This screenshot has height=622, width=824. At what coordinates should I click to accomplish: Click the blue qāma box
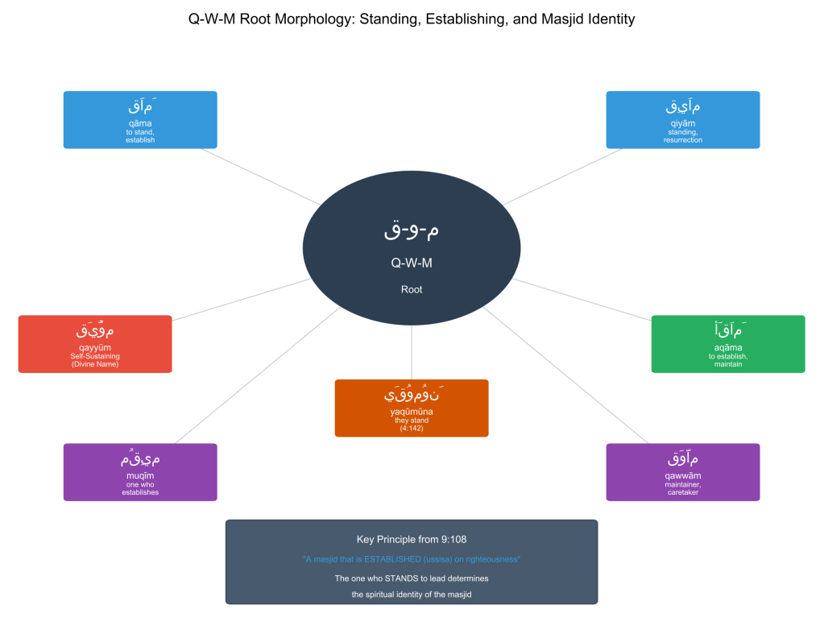140,120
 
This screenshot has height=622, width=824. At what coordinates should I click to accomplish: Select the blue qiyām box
682,120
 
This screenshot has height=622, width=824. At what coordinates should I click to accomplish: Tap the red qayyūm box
95,344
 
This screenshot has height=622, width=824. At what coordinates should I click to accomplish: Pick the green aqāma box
727,344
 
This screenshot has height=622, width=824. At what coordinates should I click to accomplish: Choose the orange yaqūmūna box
412,408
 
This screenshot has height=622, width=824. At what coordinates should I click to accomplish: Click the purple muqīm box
140,472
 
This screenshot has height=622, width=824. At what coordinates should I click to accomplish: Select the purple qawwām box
682,472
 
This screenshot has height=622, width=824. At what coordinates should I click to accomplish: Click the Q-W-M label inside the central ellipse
412,263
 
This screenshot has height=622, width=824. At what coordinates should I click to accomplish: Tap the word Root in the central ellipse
412,289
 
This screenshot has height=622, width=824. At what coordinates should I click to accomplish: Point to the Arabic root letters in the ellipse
412,230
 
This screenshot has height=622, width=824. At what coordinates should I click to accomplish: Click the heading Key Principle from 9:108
412,539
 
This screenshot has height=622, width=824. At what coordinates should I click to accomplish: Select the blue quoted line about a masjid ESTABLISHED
412,559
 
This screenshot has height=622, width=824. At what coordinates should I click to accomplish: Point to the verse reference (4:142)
412,429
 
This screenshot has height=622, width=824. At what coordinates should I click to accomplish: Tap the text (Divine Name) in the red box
95,365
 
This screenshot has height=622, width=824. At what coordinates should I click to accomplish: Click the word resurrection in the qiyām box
682,140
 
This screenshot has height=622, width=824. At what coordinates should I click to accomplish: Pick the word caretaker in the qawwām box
682,492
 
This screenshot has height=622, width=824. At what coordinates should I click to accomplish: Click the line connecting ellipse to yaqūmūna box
412,353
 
